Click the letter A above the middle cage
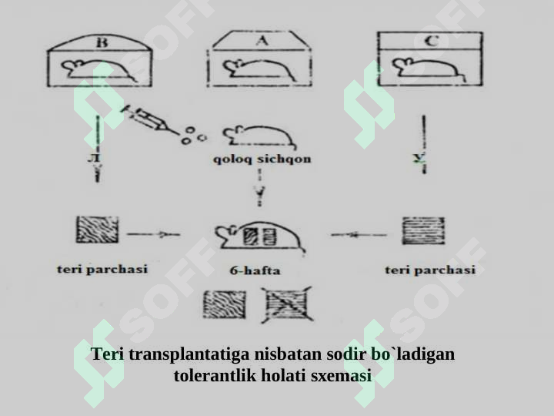tap(261, 42)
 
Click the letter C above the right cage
tap(432, 42)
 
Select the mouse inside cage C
tap(427, 69)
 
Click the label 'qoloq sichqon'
tap(261, 159)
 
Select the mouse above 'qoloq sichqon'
tap(261, 136)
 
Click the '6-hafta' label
tap(255, 270)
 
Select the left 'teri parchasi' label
tap(102, 270)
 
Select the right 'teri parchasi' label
tap(429, 270)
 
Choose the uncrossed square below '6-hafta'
tap(224, 305)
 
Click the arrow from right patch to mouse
tap(359, 233)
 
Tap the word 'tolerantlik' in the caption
tap(215, 377)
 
